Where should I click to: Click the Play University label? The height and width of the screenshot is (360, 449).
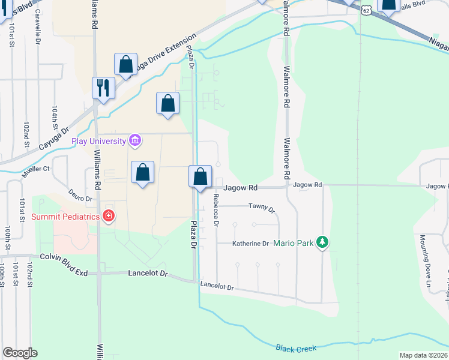98,142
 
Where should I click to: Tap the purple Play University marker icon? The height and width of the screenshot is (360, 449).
136,141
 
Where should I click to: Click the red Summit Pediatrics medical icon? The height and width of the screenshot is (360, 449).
109,215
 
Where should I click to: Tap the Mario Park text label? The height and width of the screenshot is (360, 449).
294,244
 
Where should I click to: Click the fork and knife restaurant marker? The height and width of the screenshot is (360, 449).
103,88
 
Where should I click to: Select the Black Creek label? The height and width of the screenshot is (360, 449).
296,349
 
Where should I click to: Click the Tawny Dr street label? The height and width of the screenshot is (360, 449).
261,209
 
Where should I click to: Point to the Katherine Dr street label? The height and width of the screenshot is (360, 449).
251,244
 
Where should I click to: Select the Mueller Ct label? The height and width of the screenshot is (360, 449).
37,170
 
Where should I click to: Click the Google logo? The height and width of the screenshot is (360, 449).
20,353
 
